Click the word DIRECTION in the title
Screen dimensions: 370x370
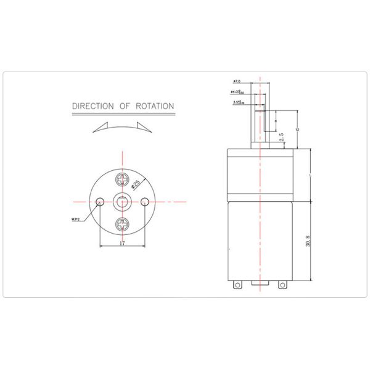[x=93, y=106]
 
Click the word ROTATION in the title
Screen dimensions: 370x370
[x=154, y=106]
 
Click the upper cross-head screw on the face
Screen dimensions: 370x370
[x=123, y=181]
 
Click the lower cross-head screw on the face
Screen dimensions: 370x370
[x=123, y=223]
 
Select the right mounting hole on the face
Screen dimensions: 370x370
[x=145, y=201]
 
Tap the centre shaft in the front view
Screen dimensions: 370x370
[x=123, y=201]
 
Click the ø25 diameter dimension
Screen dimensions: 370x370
[x=136, y=183]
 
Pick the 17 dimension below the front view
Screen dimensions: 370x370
[x=123, y=244]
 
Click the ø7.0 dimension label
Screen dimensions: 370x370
[x=237, y=81]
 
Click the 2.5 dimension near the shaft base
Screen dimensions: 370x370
[x=281, y=138]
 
